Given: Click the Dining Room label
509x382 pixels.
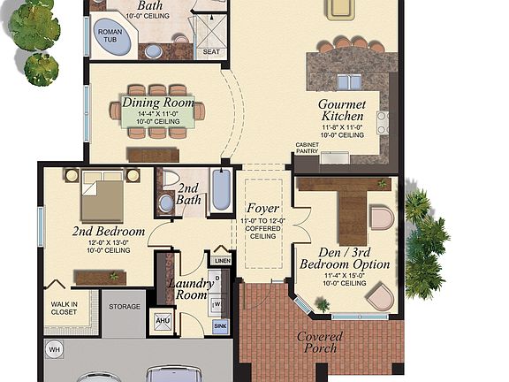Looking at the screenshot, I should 158,103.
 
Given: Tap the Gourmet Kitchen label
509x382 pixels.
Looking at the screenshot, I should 342,111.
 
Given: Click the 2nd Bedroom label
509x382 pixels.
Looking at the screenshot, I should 108,232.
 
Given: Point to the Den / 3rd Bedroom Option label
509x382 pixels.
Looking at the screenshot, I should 345,257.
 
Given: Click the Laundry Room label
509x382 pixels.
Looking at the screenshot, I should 190,290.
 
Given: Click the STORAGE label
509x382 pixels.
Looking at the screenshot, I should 125,306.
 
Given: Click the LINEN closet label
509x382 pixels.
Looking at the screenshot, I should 222,261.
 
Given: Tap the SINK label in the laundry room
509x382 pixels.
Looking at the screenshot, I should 221,326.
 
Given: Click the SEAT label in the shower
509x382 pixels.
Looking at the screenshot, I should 211,51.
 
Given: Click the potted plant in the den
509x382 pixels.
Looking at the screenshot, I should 323,304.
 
